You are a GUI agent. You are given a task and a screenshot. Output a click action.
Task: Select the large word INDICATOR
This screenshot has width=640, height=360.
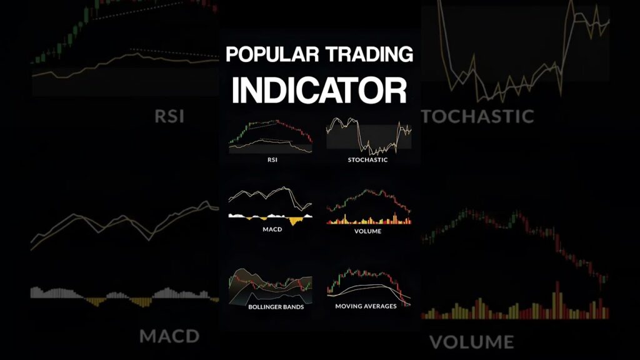319,90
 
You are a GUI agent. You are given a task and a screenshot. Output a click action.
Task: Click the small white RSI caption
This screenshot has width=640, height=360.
272,159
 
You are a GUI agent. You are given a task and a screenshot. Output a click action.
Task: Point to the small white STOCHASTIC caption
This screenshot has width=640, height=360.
367,159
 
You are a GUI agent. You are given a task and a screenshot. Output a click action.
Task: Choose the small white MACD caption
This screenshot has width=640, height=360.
272,229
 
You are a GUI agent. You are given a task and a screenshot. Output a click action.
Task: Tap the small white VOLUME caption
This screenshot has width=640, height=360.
367,231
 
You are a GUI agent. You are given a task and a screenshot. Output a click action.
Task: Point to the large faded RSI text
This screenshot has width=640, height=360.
169,116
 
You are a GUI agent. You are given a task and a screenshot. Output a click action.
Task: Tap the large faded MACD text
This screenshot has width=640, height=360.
169,336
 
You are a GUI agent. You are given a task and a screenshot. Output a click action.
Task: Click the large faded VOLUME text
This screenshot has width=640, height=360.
472,342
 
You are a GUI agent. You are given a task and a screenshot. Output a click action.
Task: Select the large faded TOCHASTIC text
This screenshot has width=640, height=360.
477,116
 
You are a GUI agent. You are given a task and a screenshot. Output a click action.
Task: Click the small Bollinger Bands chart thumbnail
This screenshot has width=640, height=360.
271,286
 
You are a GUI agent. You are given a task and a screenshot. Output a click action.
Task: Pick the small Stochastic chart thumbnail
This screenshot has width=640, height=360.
369,136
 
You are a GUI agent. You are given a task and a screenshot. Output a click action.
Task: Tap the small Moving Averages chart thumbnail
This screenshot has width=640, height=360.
369,286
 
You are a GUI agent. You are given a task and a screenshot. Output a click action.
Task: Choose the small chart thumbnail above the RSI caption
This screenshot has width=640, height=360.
271,137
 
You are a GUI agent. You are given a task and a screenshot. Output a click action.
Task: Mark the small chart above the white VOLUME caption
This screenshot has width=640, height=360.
369,206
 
